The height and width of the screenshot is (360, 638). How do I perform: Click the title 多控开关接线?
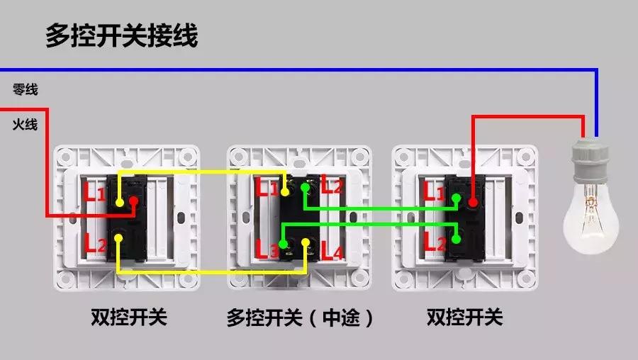pyautogui.click(x=121, y=35)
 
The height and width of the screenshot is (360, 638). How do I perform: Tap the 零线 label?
pyautogui.click(x=25, y=90)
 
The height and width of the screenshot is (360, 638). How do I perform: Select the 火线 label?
pyautogui.click(x=25, y=125)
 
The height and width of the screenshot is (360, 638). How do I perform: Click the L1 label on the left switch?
pyautogui.click(x=95, y=191)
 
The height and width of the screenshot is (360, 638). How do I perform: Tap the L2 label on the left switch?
pyautogui.click(x=95, y=244)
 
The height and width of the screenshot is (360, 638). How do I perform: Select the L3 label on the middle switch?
pyautogui.click(x=267, y=249)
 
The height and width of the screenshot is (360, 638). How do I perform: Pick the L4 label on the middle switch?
pyautogui.click(x=332, y=249)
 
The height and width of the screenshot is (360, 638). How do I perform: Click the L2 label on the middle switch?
pyautogui.click(x=332, y=186)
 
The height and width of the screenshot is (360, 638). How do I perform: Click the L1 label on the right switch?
pyautogui.click(x=434, y=191)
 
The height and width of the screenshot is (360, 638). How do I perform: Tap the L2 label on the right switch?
pyautogui.click(x=434, y=242)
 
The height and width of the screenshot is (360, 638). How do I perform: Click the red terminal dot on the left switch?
pyautogui.click(x=133, y=202)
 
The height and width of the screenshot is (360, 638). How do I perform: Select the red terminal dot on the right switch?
pyautogui.click(x=472, y=203)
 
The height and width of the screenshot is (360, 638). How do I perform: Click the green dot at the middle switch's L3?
pyautogui.click(x=284, y=244)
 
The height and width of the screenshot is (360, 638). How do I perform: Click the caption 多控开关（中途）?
pyautogui.click(x=300, y=317)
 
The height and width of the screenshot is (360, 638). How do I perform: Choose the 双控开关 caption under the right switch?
pyautogui.click(x=464, y=317)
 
